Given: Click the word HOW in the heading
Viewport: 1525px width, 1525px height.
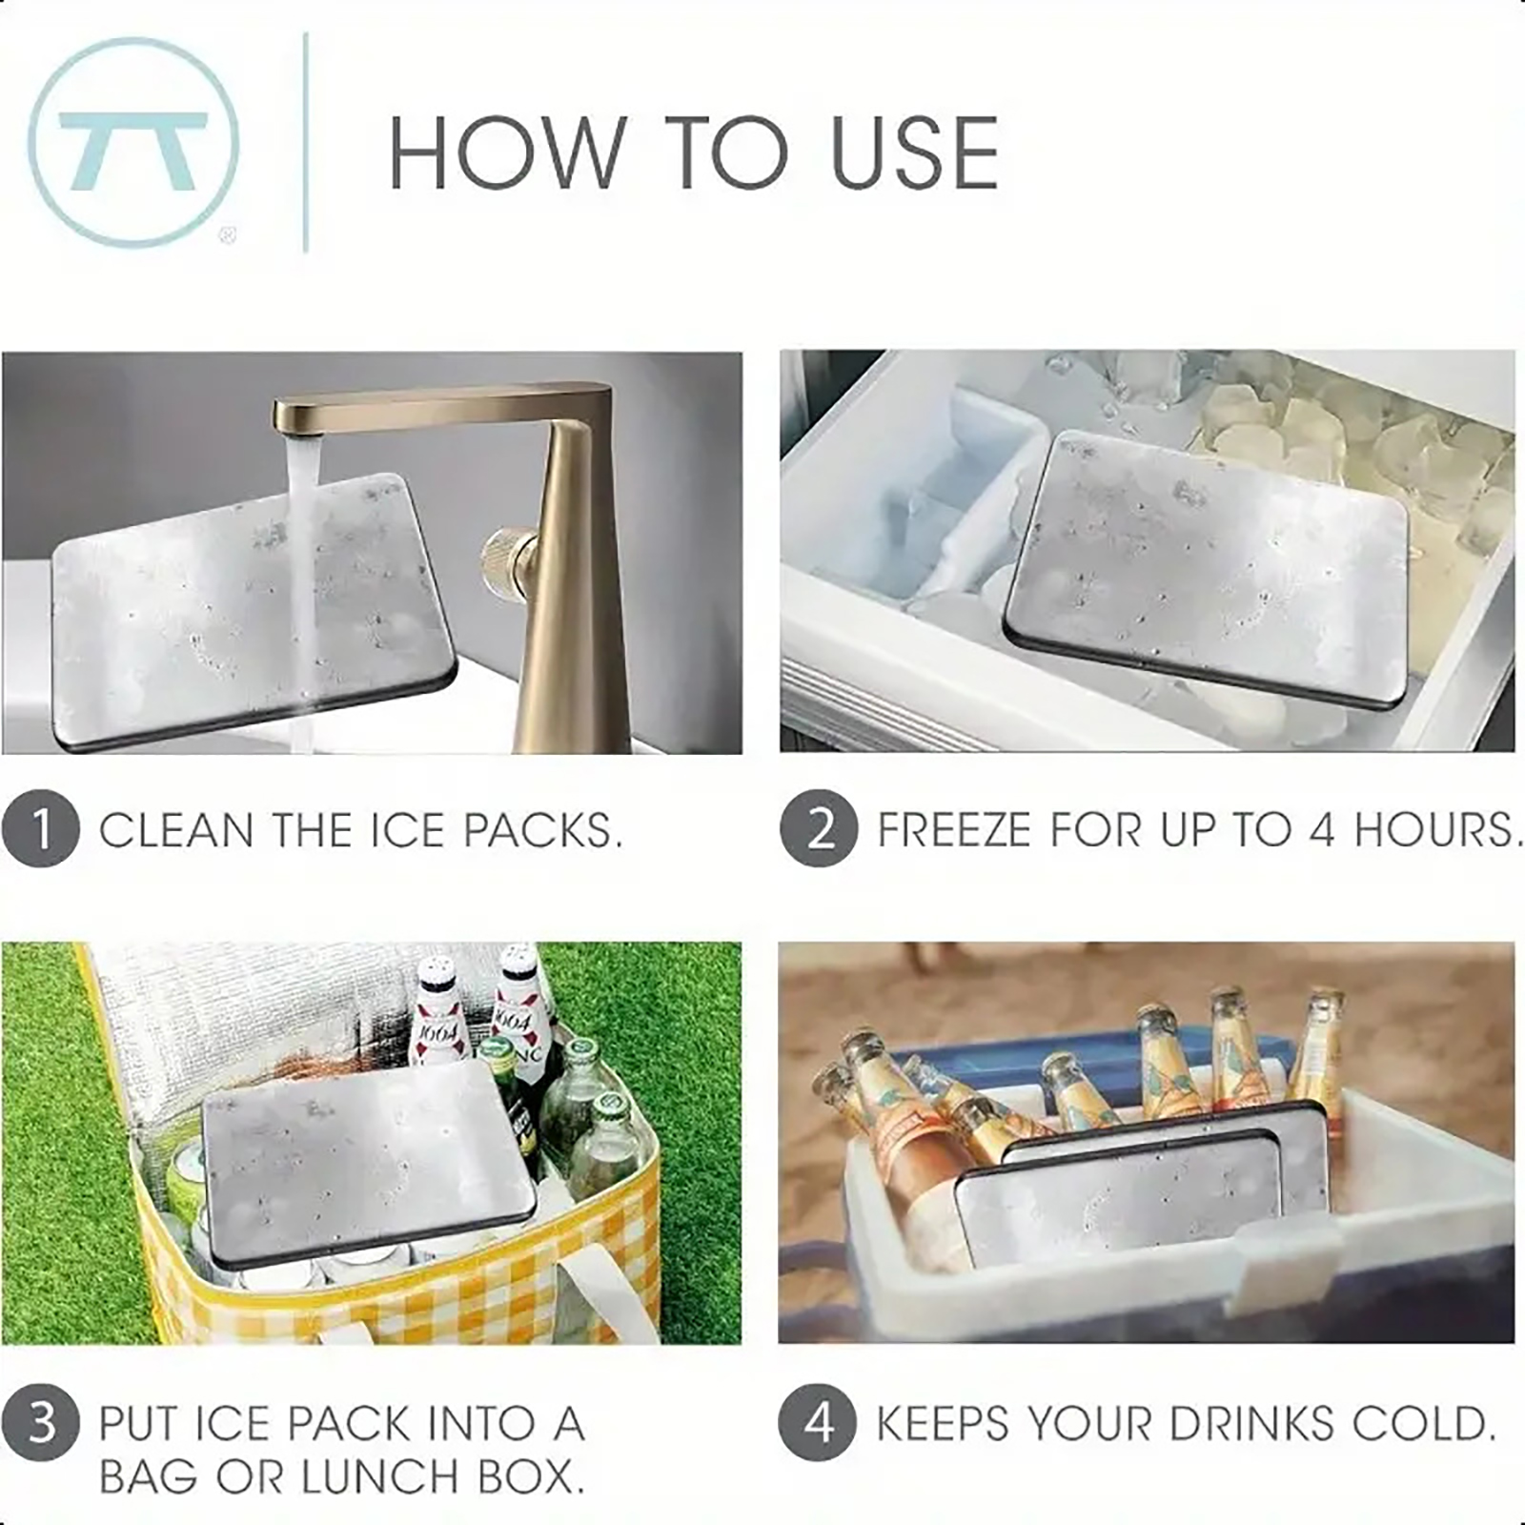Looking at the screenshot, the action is coord(506,152).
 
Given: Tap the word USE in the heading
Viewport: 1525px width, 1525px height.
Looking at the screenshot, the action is coord(914,152).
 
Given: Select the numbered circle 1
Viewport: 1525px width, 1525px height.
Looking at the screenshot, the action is coord(40,829).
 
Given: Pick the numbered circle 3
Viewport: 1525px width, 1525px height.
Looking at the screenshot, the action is coord(40,1423).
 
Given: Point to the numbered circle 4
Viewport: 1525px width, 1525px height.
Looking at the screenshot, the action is coord(817,1422).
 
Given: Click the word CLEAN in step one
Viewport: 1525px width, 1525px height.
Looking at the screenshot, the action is coord(176,830).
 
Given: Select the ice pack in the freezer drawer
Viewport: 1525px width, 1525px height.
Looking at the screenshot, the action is coord(1207,568).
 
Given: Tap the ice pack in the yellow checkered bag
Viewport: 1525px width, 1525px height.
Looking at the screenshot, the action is coord(367,1163).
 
